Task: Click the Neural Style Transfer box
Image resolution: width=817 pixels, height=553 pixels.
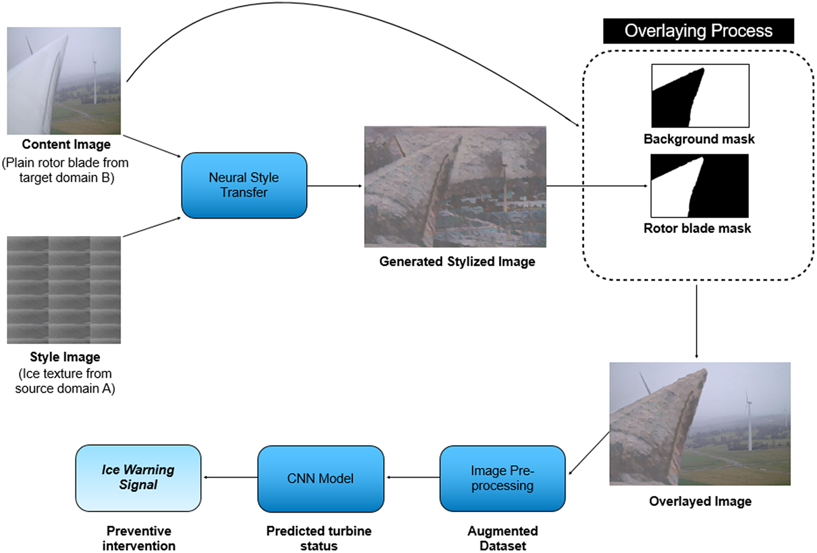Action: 244,185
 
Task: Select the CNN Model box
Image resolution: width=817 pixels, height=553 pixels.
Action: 320,478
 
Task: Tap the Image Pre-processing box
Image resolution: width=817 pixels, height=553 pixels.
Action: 502,478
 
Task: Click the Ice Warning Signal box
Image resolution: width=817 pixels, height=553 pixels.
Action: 138,477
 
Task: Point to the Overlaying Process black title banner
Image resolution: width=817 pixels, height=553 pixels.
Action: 698,31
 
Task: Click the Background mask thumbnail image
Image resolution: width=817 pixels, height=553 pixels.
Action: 700,96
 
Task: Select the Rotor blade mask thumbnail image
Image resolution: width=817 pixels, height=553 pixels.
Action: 699,186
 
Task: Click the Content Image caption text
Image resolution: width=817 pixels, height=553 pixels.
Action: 66,144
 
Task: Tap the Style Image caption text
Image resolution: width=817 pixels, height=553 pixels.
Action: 65,357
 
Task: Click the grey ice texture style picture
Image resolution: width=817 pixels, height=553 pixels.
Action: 64,290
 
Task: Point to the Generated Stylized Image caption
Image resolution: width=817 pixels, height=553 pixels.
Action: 457,262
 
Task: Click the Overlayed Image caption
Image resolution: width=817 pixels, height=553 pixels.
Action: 700,501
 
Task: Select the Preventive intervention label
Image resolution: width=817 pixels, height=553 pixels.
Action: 139,538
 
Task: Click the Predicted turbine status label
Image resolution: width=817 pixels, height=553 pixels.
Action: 319,538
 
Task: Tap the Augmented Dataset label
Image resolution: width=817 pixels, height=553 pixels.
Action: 502,538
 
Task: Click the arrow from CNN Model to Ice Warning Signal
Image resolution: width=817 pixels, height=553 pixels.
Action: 230,477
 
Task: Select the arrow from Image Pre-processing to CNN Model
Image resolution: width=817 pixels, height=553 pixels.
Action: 412,477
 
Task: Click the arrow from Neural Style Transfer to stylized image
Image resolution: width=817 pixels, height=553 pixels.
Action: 335,186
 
